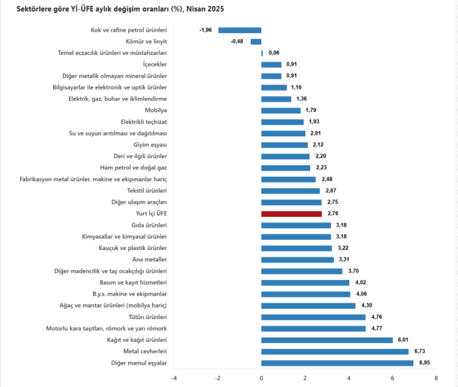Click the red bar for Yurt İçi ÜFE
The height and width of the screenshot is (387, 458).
point(291,214)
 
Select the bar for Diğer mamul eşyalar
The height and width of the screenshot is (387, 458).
point(337,363)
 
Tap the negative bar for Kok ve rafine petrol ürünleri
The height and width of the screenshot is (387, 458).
point(239,30)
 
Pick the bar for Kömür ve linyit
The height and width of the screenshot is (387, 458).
point(256,42)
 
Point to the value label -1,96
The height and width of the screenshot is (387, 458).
point(205,30)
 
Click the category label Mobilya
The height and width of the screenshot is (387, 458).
point(156,111)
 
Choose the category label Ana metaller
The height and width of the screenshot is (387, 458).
point(150,259)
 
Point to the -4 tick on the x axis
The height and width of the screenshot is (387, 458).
point(173,378)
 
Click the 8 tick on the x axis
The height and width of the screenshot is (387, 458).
point(437,378)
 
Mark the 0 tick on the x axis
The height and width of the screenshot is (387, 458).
point(261,378)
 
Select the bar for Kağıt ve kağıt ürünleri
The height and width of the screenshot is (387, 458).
point(327,340)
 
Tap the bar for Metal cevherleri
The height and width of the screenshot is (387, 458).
point(335,352)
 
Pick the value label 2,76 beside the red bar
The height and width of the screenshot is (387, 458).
point(333,214)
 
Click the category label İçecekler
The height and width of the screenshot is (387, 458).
point(154,65)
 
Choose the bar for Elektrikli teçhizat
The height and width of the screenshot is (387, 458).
point(282,122)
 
